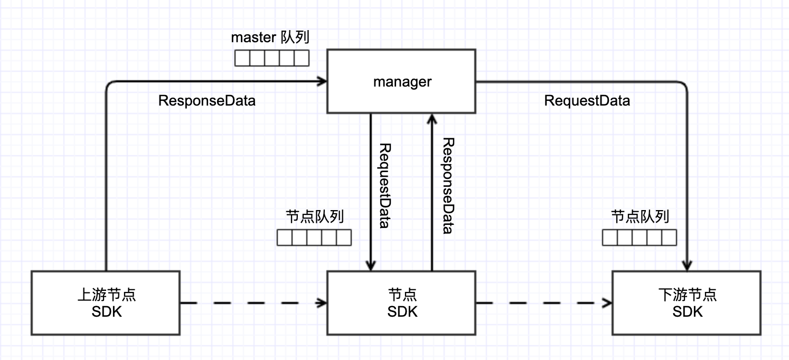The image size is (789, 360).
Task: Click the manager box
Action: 401,81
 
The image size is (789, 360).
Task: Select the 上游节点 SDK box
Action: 106,302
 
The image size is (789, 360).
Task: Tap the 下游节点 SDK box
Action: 687,302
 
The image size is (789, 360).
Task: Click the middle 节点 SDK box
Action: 401,302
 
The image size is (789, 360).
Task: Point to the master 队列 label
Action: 270,38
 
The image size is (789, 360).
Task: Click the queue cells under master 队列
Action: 271,58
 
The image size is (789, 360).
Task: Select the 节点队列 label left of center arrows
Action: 315,216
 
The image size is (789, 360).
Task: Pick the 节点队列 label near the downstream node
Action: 640,216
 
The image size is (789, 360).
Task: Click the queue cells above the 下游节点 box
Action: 640,238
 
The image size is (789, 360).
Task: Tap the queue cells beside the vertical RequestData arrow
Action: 314,238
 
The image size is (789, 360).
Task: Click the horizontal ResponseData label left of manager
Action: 207,101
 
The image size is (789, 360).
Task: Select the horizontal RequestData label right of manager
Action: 587,101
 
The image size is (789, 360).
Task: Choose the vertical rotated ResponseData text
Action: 448,185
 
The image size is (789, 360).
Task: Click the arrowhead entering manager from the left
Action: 322,81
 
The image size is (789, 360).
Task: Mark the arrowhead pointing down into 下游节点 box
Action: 688,266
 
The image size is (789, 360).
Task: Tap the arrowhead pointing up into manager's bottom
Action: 431,118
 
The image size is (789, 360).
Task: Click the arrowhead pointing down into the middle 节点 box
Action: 371,266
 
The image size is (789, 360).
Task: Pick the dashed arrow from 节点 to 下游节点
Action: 544,303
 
